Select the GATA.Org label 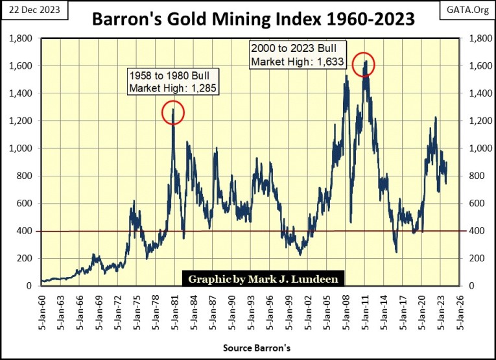pos(467,9)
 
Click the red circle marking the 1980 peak pos(173,113)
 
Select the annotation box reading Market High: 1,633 pos(298,56)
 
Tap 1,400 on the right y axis pos(475,93)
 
